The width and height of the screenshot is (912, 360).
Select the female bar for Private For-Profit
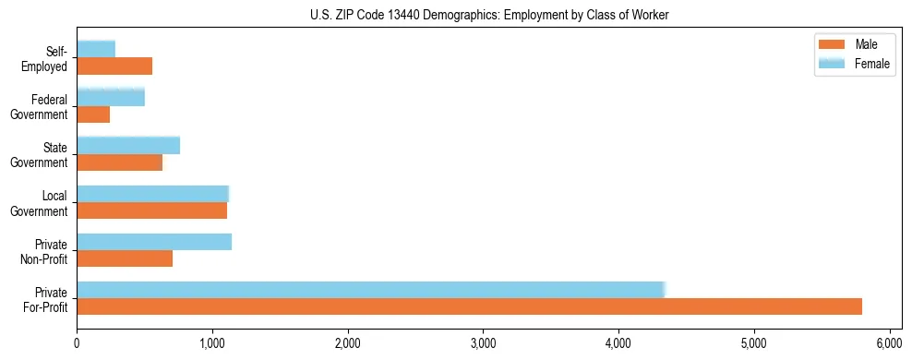pos(370,290)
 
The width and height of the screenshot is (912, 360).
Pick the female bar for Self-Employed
pos(96,49)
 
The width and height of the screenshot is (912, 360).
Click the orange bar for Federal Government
pos(93,114)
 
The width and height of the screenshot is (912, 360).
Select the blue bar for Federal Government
pos(111,97)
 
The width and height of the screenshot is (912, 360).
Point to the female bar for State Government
pos(128,145)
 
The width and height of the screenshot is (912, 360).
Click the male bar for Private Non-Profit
pos(125,258)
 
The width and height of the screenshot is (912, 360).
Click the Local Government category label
pos(42,203)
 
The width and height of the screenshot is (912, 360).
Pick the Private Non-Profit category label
pos(45,251)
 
